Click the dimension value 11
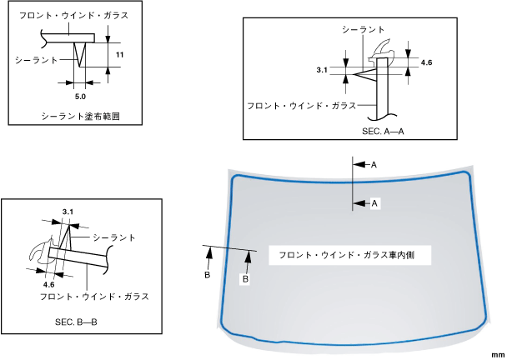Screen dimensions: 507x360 pyautogui.click(x=119, y=54)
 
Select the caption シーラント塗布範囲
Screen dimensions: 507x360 pyautogui.click(x=80, y=117)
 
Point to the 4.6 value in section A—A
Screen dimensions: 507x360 pyautogui.click(x=427, y=63)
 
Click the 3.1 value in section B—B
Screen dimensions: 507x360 pyautogui.click(x=68, y=212)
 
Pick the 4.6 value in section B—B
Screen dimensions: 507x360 pyautogui.click(x=48, y=283)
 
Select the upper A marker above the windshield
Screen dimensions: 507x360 pyautogui.click(x=374, y=166)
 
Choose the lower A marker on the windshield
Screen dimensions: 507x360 pyautogui.click(x=374, y=202)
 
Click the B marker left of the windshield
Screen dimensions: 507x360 pyautogui.click(x=208, y=273)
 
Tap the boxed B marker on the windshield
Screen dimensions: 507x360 pyautogui.click(x=246, y=280)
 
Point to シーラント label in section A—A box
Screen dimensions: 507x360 pyautogui.click(x=363, y=28)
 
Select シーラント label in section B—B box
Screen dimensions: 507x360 pyautogui.click(x=114, y=237)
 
